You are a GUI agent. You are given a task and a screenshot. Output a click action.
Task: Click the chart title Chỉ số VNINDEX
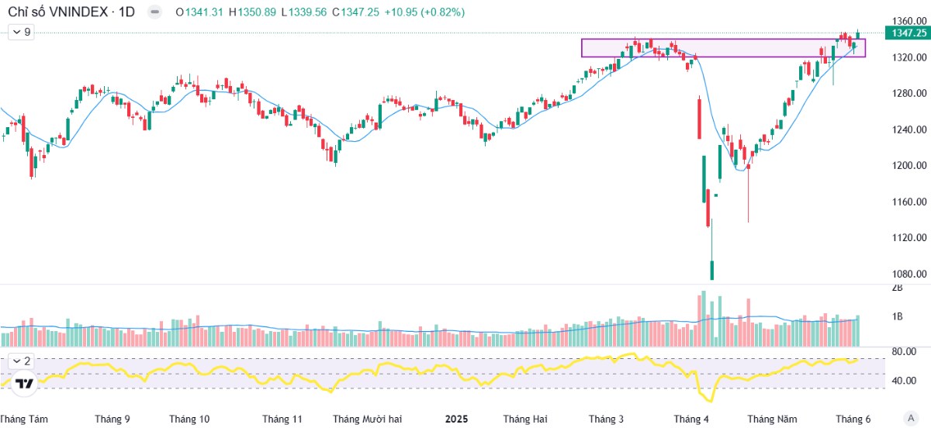57,12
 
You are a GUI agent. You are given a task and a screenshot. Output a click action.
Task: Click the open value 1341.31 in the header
204,12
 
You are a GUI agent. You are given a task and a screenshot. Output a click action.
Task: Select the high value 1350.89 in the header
257,12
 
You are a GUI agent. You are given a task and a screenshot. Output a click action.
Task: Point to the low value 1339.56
307,12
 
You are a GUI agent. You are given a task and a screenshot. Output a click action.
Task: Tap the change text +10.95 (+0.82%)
424,12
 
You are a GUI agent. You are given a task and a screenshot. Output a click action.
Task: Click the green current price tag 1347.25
909,33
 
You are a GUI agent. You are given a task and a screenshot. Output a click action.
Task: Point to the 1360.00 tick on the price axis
909,21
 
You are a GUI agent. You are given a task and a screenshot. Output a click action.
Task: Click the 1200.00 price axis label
909,165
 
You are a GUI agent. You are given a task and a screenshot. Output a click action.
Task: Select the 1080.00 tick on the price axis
909,274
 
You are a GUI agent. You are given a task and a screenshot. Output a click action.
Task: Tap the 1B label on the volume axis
898,316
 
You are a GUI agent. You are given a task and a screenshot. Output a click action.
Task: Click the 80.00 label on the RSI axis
904,351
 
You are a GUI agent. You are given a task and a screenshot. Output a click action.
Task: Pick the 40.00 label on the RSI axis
904,381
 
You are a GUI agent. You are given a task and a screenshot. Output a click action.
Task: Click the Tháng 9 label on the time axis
112,419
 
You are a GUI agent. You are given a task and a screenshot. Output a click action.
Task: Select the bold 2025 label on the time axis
456,419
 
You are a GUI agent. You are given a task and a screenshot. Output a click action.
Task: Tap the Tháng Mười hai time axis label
367,419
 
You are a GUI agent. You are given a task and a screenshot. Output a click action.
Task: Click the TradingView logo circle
24,384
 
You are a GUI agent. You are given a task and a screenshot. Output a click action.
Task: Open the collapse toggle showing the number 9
22,32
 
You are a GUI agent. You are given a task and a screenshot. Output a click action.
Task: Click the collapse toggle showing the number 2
22,361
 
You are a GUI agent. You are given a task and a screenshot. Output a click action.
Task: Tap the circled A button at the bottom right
911,418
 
